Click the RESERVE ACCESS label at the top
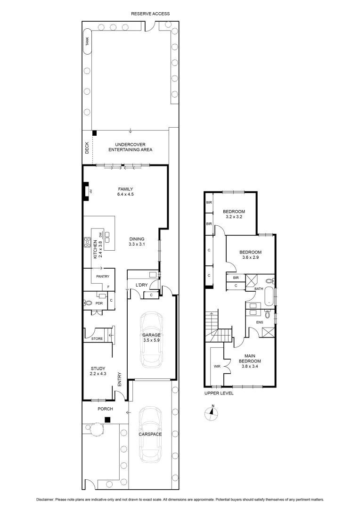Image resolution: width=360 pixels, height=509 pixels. pos(150,14)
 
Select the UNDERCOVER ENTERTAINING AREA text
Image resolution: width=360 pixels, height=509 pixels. pos(131,147)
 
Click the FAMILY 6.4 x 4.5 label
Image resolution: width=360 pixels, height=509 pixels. pos(125,191)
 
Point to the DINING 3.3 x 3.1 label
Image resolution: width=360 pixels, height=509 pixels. pos(136,241)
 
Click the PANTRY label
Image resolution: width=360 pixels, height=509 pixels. pos(102,276)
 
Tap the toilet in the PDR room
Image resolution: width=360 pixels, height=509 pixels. pos(88,304)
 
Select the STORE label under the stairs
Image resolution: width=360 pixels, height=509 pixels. pos(97,338)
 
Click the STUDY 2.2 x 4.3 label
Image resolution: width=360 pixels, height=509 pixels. pos(98,371)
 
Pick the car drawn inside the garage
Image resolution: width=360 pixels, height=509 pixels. pos(152,339)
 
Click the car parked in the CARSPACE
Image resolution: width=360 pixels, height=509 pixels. pos(151,434)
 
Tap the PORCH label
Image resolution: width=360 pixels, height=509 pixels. pos(105,409)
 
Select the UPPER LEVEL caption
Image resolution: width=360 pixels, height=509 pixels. pos(219,393)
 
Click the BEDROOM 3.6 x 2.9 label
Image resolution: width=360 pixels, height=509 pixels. pos(250,255)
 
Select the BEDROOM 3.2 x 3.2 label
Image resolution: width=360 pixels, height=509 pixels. pos(234,214)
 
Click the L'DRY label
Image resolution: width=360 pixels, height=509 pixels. pos(142,286)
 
